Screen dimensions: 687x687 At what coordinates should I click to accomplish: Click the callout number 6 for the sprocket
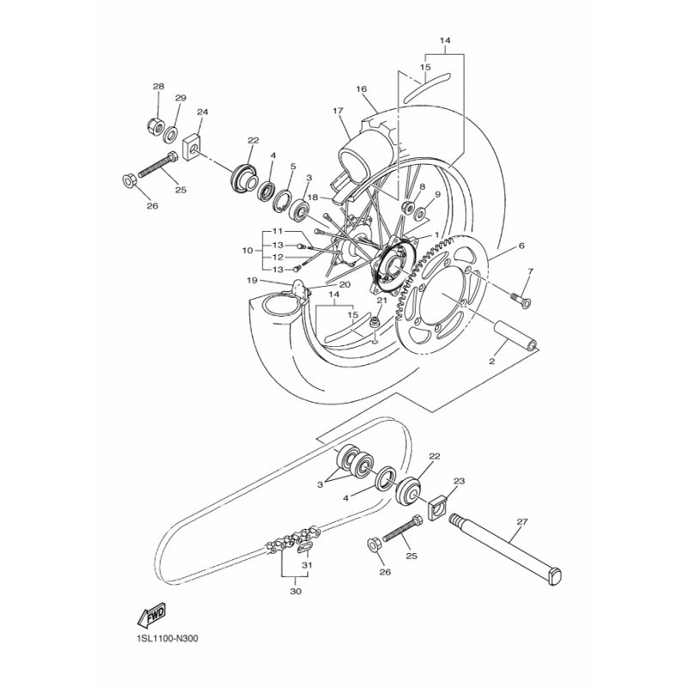(x=521, y=246)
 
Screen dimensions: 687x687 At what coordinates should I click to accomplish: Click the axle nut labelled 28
(x=155, y=126)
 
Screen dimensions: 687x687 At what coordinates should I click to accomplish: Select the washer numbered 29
(x=170, y=134)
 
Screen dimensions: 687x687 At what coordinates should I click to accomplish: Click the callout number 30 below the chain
(x=295, y=591)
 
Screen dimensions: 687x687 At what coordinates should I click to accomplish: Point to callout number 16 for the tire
(x=362, y=89)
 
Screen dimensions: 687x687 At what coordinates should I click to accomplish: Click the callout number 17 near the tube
(x=337, y=111)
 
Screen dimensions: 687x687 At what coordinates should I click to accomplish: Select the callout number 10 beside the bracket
(x=247, y=251)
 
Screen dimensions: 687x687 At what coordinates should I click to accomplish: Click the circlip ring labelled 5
(x=284, y=200)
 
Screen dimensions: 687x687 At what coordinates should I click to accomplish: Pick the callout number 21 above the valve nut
(x=382, y=300)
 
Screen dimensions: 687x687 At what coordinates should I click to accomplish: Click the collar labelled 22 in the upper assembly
(x=244, y=178)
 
